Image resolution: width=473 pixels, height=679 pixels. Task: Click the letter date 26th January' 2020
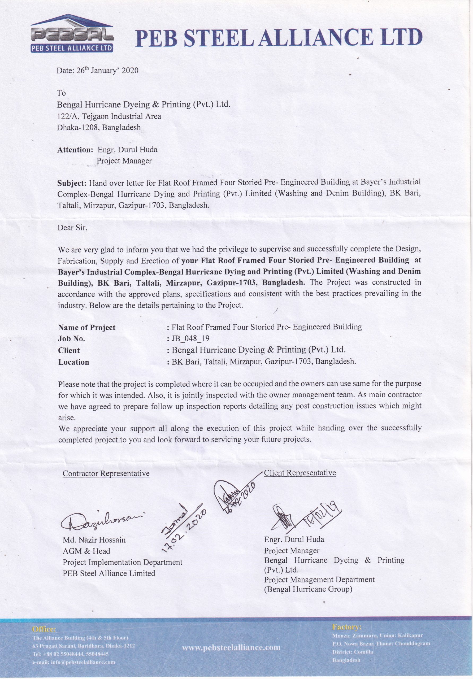click(97, 70)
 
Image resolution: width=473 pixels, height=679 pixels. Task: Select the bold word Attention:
click(75, 150)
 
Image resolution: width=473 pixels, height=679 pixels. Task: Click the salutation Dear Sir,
click(72, 228)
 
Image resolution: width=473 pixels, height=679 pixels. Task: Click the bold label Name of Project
click(87, 327)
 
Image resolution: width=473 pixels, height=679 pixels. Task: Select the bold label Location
click(74, 362)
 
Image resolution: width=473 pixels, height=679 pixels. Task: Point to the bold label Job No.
click(72, 339)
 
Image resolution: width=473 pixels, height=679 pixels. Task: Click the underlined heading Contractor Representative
click(106, 473)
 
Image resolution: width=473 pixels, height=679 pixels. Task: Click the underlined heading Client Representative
click(300, 473)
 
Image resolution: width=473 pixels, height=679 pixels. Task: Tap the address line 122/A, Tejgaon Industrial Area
click(109, 116)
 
